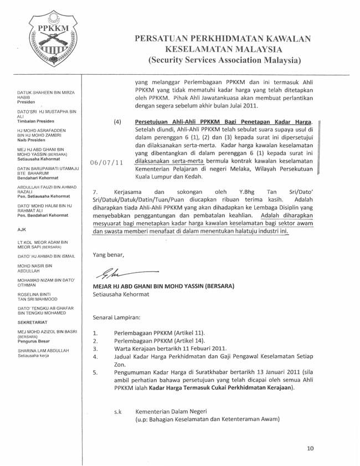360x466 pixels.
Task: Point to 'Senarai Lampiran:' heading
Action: coord(116,318)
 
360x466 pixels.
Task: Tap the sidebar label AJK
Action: coord(22,244)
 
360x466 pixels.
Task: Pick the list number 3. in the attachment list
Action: coord(95,349)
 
